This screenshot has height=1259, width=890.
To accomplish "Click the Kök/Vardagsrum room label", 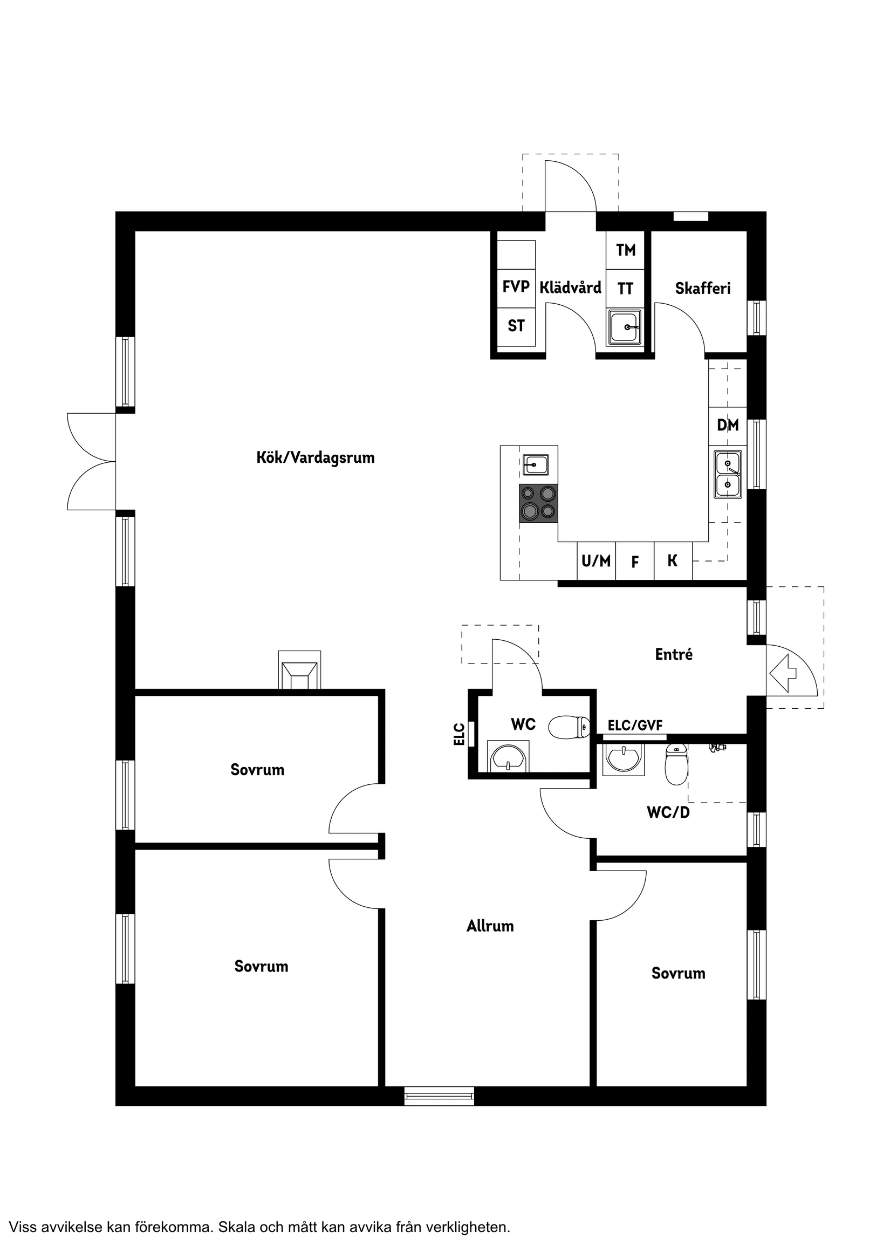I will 316,457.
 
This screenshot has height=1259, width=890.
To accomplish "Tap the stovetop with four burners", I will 538,503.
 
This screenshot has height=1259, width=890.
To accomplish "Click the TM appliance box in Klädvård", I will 625,250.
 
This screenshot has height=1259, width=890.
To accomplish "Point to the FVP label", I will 516,286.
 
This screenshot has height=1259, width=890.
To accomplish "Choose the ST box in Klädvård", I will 516,326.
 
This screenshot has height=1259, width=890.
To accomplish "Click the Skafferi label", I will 702,289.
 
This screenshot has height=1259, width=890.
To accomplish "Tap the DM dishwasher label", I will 728,425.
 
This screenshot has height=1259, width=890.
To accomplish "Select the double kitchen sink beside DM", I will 728,474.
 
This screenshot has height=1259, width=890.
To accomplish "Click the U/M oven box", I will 596,561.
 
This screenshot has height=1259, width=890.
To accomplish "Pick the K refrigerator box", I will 673,561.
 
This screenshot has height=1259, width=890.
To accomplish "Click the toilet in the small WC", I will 569,727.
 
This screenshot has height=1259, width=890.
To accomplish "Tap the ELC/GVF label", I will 635,726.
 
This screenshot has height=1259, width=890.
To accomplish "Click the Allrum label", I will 490,926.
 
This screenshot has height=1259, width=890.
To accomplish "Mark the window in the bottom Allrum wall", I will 439,1096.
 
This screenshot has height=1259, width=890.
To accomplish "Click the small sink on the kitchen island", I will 535,464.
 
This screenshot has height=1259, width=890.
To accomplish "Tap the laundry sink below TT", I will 625,327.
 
